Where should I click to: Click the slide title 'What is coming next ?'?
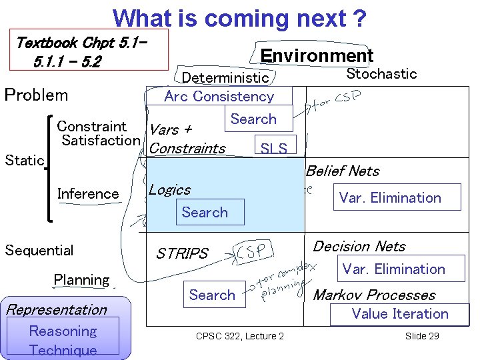click(x=239, y=18)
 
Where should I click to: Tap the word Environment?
click(x=317, y=55)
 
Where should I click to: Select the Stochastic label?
click(x=381, y=74)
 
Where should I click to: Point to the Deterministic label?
click(x=225, y=78)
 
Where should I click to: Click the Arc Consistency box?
click(x=219, y=96)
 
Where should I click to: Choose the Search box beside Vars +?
click(x=253, y=119)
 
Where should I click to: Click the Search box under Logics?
click(x=205, y=213)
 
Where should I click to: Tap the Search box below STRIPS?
click(x=212, y=295)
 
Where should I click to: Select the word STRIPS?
click(x=182, y=253)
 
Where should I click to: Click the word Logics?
click(x=169, y=190)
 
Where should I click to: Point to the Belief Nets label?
click(x=343, y=171)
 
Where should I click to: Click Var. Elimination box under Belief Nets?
click(x=390, y=197)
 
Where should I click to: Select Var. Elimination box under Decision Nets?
click(x=393, y=269)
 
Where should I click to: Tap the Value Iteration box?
click(x=400, y=314)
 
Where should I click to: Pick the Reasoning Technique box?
click(x=63, y=340)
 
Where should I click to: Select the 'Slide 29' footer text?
click(x=422, y=336)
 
